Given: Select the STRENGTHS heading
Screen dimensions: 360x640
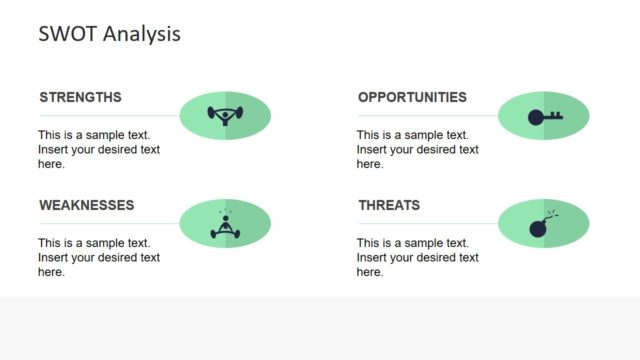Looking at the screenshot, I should (x=80, y=97).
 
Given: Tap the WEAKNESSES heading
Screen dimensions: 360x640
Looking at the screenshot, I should (x=86, y=205).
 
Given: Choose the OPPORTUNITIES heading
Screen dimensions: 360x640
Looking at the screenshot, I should (x=412, y=97).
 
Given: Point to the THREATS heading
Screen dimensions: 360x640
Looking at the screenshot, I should (x=389, y=205).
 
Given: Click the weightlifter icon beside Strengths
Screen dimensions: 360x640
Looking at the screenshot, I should (x=225, y=115).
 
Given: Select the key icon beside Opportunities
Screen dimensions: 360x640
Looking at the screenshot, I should (x=544, y=116).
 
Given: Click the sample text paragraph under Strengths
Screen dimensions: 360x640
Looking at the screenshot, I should (x=99, y=149).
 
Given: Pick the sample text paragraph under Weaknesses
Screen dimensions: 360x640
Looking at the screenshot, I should (x=99, y=257).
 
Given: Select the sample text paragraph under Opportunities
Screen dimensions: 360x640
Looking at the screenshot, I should (x=418, y=149).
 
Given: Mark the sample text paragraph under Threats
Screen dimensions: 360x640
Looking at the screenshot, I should (x=418, y=257).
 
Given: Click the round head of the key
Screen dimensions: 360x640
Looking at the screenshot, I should (x=535, y=117).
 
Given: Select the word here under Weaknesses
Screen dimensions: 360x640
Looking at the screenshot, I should (x=51, y=271).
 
